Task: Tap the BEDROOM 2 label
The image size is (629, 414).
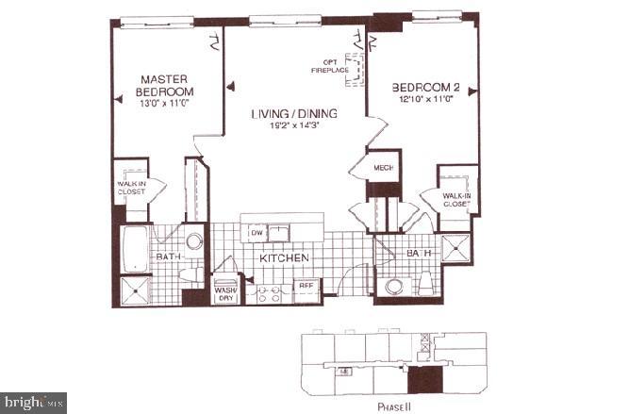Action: coord(428,87)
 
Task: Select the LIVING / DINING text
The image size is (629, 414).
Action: coord(294,114)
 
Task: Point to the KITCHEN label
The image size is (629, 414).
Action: coord(280,257)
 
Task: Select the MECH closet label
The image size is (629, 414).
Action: coord(383,168)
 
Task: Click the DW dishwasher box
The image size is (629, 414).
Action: coord(257,231)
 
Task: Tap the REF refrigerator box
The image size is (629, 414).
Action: coord(306,284)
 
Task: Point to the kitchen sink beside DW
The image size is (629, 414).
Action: coord(280,231)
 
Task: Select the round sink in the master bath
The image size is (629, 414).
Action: coord(194,242)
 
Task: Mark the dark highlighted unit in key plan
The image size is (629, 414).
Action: coord(423,378)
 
